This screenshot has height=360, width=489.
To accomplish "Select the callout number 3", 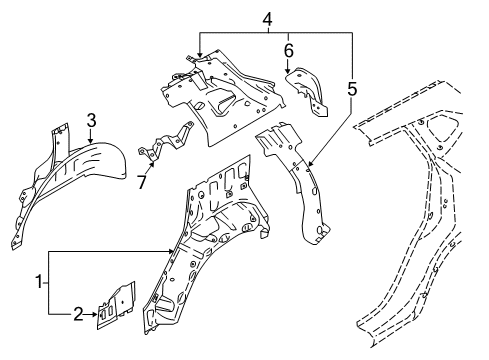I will click(x=90, y=121).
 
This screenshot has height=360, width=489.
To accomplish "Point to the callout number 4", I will click(x=267, y=17).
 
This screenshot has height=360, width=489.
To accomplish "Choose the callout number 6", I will click(x=288, y=50).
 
